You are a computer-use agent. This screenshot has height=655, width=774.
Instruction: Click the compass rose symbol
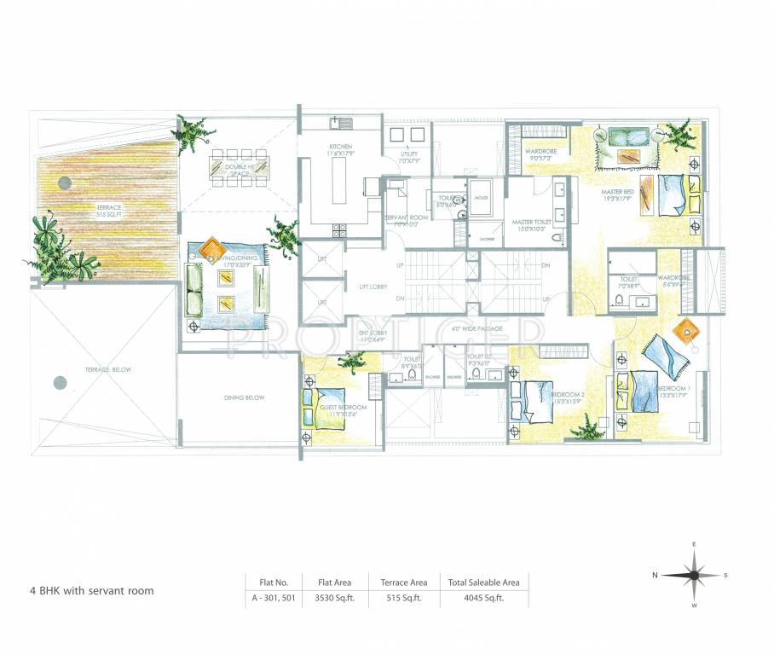[x=695, y=575]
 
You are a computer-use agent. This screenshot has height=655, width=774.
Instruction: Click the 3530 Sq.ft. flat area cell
[x=334, y=599]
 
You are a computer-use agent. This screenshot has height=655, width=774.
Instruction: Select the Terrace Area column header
[x=403, y=583]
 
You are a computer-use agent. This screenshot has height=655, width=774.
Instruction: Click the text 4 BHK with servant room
[x=92, y=590]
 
